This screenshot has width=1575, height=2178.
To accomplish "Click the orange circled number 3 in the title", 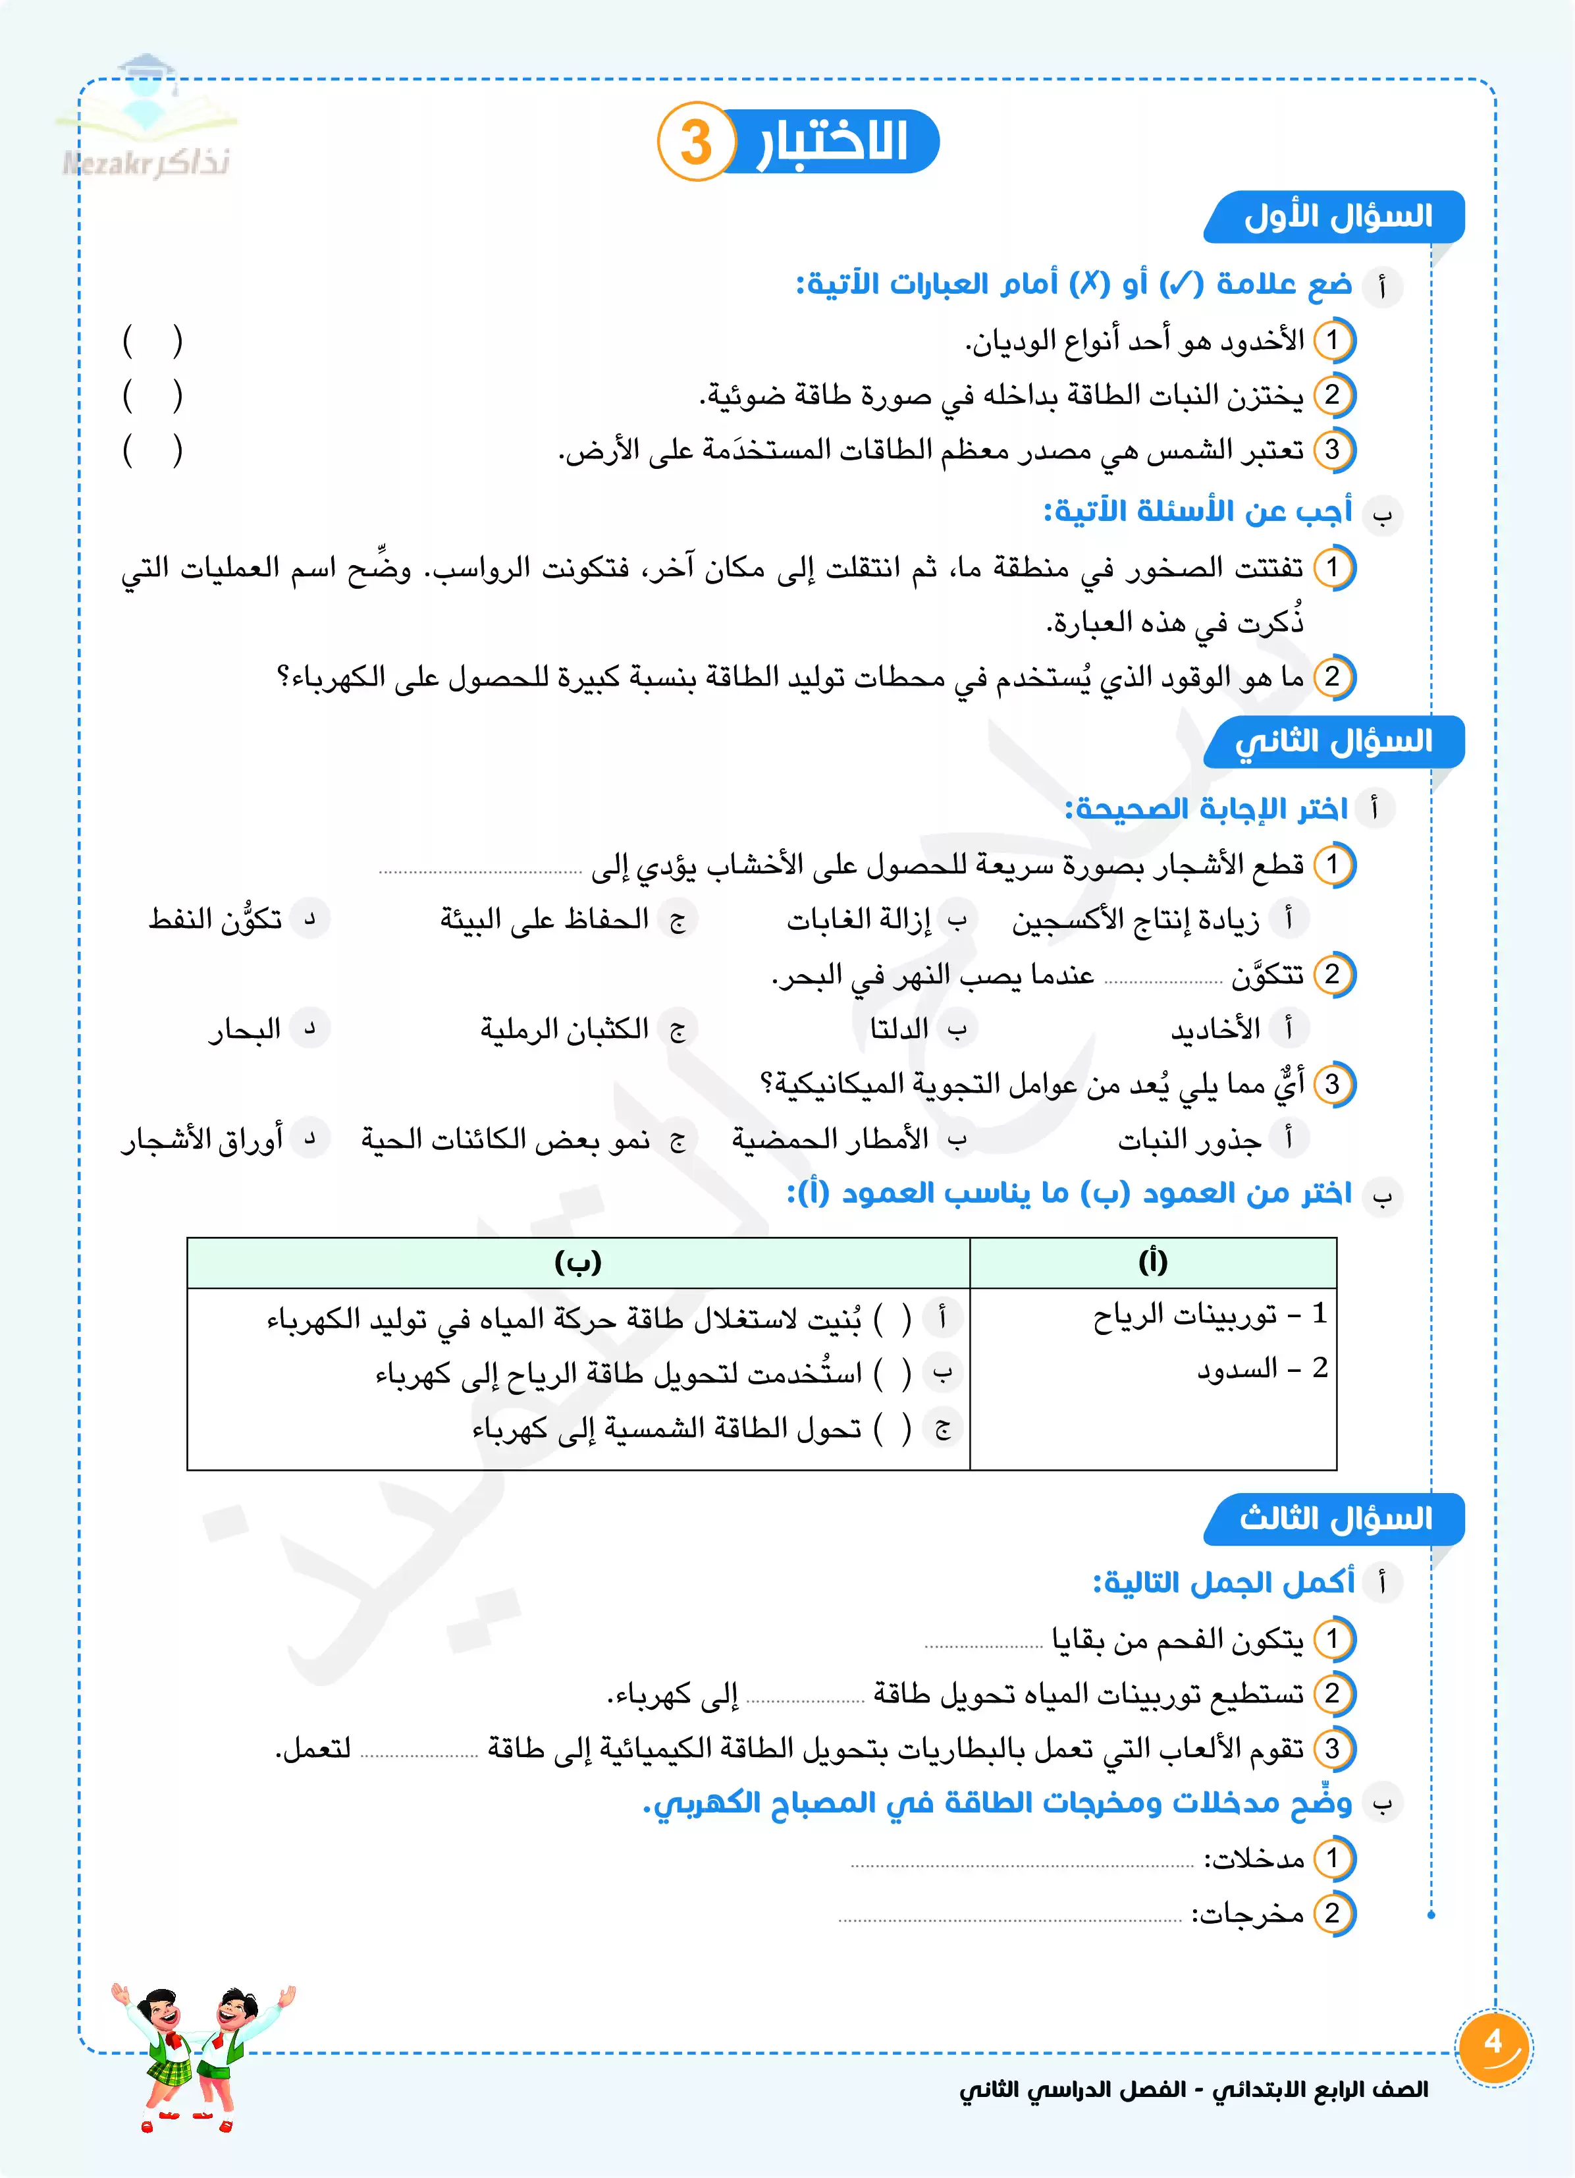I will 696,142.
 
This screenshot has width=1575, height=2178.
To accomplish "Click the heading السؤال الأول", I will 1336,216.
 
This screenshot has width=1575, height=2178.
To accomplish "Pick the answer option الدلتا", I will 899,1029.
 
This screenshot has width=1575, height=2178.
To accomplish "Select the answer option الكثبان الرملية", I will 565,1029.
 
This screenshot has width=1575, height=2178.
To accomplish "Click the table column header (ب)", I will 578,1262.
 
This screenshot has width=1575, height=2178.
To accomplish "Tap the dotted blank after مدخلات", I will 1022,1864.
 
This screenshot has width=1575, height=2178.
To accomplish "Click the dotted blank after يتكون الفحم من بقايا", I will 984,1645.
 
